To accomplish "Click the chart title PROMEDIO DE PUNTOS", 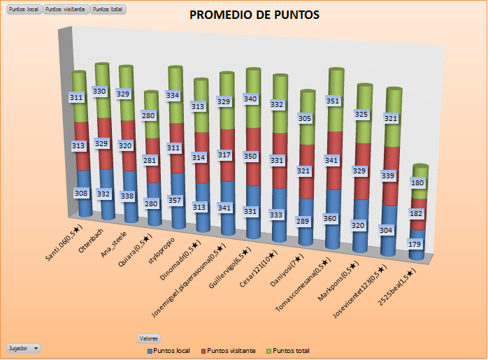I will coord(254,15).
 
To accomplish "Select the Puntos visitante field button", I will coord(66,10).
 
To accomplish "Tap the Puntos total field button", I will coord(108,10).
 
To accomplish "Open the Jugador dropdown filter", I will coord(24,347).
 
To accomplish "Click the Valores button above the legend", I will coord(149,338).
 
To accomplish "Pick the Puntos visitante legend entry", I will coord(228,350).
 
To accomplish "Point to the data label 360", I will coord(330,217).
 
